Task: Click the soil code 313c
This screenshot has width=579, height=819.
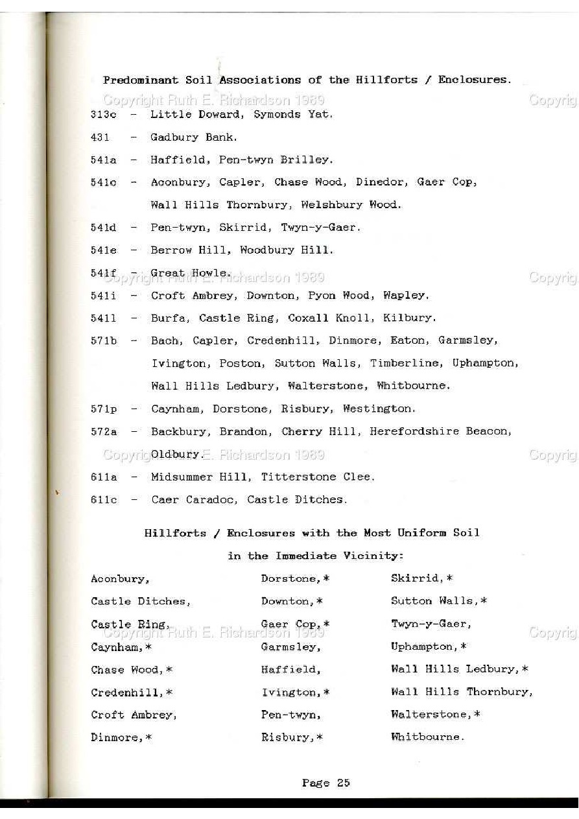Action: click(x=104, y=115)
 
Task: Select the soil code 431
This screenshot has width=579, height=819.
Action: click(x=100, y=137)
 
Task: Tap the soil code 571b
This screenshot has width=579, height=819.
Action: click(x=104, y=340)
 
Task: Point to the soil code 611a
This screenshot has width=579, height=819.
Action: click(x=104, y=477)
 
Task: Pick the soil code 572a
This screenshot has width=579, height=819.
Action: click(x=104, y=432)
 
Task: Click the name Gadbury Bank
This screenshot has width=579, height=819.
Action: click(x=193, y=137)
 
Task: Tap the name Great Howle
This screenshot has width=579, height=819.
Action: click(x=190, y=273)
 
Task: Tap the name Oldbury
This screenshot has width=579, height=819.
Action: click(x=176, y=455)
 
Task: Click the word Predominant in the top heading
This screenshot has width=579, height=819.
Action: click(x=140, y=80)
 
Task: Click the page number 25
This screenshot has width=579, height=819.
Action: click(x=343, y=783)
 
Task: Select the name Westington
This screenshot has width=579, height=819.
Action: click(x=379, y=409)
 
